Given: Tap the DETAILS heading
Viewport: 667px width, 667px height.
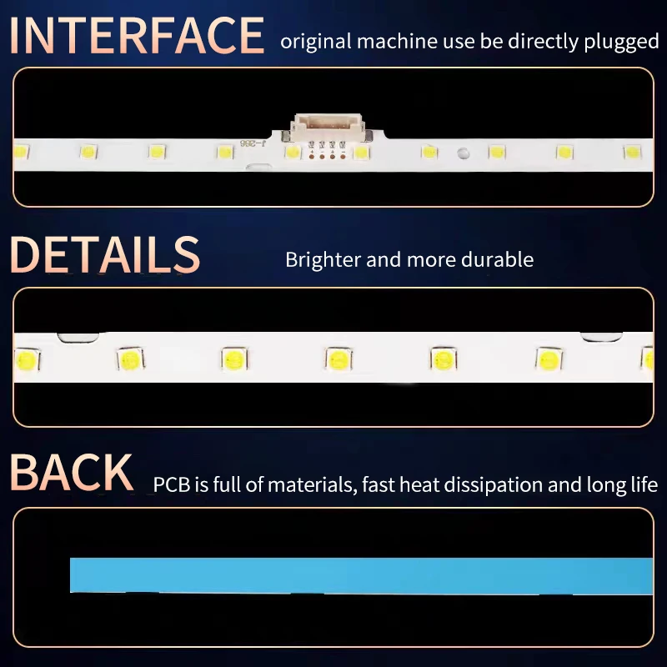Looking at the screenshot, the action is (x=105, y=255).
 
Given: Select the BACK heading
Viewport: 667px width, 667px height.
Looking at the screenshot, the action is (x=72, y=472).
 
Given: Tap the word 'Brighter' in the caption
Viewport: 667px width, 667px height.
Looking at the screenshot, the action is (x=323, y=259).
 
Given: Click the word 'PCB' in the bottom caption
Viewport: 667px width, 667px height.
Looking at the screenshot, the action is (x=171, y=484).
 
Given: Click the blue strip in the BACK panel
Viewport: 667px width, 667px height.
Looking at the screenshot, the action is (x=359, y=575).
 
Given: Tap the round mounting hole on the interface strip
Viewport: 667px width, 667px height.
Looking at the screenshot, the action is (x=460, y=153).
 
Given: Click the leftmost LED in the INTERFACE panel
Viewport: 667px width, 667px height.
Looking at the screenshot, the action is (x=21, y=152).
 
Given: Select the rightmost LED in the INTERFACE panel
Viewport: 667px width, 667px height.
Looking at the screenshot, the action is (x=632, y=153).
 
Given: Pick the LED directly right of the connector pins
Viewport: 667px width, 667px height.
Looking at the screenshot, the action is (x=361, y=153).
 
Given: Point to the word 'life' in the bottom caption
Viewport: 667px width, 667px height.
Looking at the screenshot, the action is (x=643, y=484).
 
